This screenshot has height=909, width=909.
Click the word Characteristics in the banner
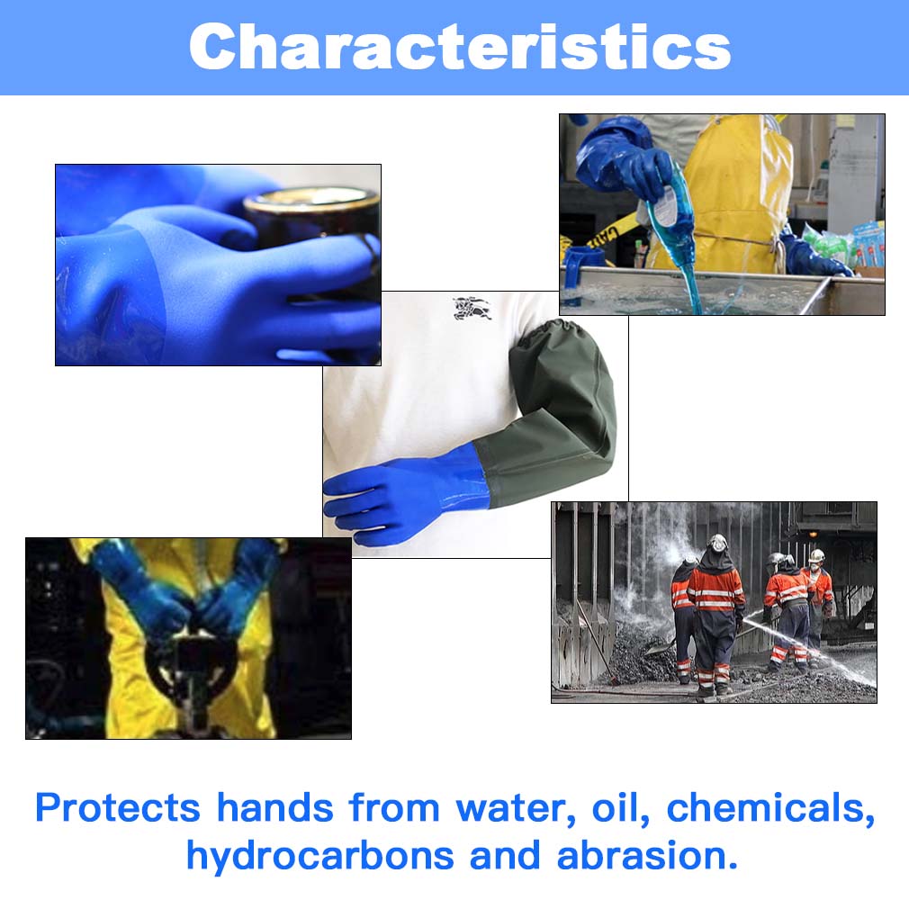[x=459, y=47]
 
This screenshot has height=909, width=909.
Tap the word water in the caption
[x=515, y=807]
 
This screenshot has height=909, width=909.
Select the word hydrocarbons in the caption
[x=320, y=856]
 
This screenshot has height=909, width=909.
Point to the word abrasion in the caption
[x=647, y=856]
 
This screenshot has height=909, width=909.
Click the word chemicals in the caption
[x=770, y=807]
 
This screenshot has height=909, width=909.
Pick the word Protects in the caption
[x=117, y=807]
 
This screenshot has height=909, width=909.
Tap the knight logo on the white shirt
[x=472, y=308]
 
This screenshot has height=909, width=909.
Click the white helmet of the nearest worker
[x=717, y=543]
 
